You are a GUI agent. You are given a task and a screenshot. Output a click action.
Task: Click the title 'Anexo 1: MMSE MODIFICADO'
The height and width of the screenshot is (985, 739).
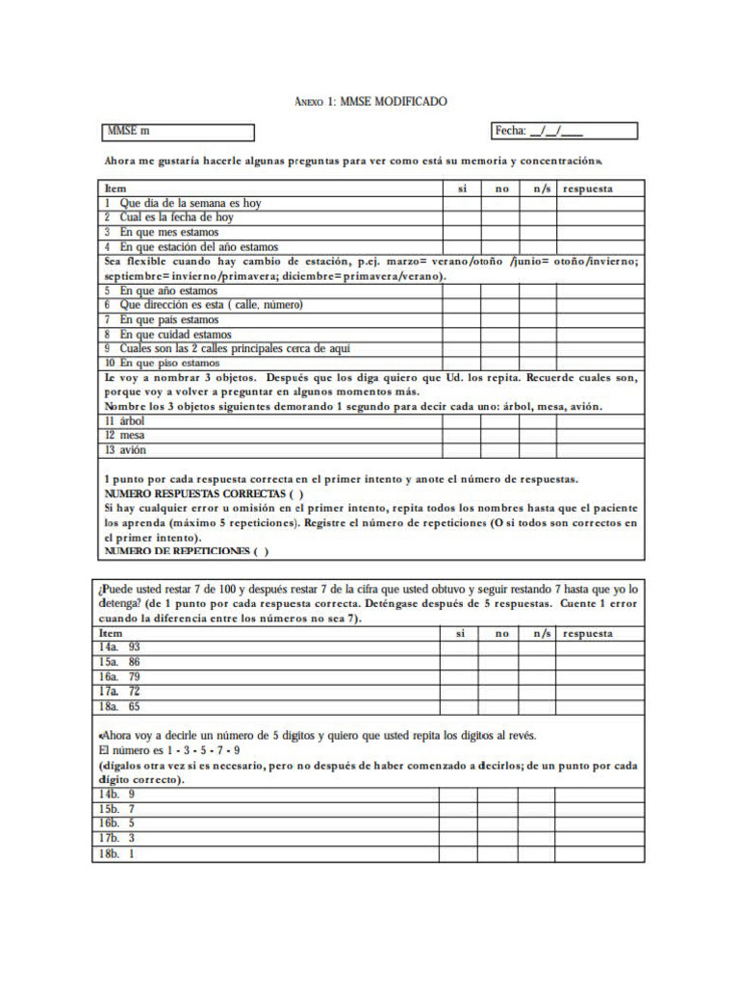[x=370, y=101]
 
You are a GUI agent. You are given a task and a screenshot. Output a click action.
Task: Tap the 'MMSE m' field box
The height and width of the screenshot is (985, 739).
[x=178, y=132]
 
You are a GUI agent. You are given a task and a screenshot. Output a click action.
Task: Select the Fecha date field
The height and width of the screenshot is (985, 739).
[x=564, y=131]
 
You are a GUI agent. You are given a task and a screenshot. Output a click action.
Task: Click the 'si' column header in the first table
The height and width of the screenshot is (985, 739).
[x=462, y=189]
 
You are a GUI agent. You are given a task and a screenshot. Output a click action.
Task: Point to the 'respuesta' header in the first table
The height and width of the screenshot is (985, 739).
[x=588, y=189]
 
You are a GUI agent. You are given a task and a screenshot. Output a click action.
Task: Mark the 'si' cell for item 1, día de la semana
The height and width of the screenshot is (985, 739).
[x=462, y=203]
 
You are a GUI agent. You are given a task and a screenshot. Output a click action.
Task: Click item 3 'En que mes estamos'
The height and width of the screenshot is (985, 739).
[x=169, y=232]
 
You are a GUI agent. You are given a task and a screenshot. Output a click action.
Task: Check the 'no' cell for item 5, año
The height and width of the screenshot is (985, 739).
[x=501, y=290]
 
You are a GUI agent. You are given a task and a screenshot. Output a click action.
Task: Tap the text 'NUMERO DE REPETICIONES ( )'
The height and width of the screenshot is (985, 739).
[x=186, y=551]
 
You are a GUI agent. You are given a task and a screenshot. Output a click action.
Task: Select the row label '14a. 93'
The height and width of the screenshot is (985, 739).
[x=119, y=647]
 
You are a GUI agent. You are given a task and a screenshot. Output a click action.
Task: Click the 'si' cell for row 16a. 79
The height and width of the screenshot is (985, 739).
[x=459, y=676]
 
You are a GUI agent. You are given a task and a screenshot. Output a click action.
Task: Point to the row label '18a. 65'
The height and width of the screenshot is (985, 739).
[x=119, y=706]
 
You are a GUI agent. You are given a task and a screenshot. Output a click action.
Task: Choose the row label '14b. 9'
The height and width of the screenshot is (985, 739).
[x=116, y=795]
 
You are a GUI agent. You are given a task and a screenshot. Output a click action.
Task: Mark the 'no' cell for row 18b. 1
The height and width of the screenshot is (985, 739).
[x=498, y=854]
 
